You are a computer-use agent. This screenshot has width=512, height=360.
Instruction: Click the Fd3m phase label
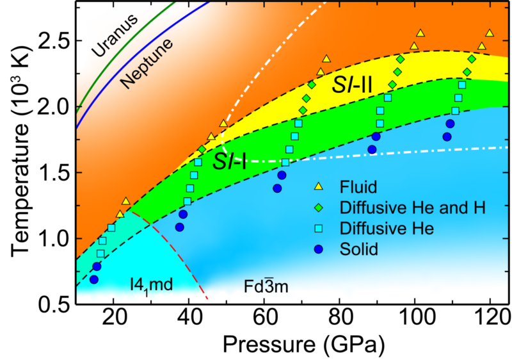264,285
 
